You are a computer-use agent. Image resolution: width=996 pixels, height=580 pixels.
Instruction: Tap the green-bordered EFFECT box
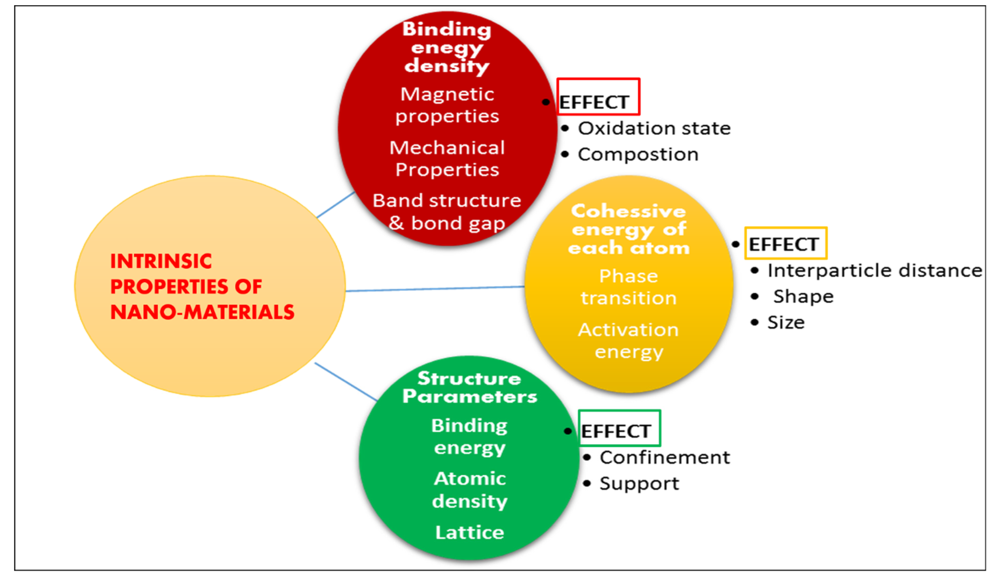pos(619,428)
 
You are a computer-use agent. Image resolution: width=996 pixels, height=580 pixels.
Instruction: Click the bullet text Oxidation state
pos(654,128)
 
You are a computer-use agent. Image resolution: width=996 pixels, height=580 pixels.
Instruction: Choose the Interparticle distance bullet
pos(874,271)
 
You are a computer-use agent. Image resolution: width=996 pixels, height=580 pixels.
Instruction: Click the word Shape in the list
pos(803,296)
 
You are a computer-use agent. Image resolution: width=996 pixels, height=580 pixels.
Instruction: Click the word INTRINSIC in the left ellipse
pos(161,261)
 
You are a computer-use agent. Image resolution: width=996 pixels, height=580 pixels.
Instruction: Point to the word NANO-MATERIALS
pos(202,312)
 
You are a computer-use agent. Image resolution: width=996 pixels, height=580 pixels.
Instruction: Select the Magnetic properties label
pos(447,105)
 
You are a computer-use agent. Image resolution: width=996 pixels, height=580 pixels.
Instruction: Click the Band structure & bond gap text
pos(447,212)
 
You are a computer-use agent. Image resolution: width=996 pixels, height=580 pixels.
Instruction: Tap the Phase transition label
pos(629,287)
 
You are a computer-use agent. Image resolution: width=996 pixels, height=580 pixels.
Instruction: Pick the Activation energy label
pos(629,341)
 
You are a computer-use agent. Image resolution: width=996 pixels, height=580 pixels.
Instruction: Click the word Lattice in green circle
pos(470,533)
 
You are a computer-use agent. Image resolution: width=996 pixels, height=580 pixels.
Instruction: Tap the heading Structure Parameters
pos(470,387)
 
